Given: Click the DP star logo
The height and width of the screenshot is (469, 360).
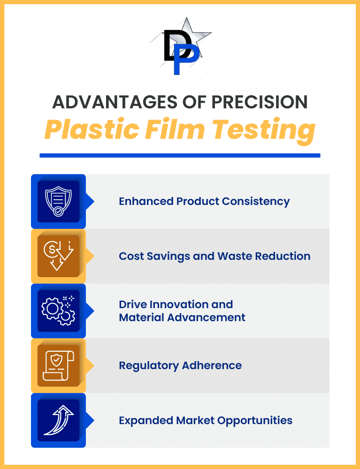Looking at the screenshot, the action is pyautogui.click(x=181, y=46).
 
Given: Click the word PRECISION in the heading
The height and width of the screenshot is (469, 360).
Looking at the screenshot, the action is pyautogui.click(x=260, y=102).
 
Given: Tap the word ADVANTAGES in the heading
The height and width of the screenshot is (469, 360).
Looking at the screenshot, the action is pyautogui.click(x=115, y=102).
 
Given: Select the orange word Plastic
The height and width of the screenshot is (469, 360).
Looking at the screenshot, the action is pyautogui.click(x=92, y=129).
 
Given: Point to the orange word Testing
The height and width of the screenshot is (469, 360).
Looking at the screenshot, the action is pyautogui.click(x=264, y=131).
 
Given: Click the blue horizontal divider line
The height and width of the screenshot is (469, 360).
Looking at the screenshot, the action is pyautogui.click(x=180, y=155).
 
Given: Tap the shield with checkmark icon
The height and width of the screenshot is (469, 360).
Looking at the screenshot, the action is pyautogui.click(x=58, y=201).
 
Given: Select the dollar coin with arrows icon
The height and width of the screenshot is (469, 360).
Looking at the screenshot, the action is pyautogui.click(x=58, y=256).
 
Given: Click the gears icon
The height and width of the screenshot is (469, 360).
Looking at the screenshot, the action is pyautogui.click(x=58, y=310).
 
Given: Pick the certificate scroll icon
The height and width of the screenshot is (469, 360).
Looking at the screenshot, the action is pyautogui.click(x=58, y=365).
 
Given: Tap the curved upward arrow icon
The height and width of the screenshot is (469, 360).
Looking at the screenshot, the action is pyautogui.click(x=58, y=420).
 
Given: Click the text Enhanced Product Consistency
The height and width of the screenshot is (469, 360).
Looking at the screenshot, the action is pyautogui.click(x=204, y=202).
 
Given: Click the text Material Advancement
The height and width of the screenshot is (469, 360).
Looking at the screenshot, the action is pyautogui.click(x=182, y=318).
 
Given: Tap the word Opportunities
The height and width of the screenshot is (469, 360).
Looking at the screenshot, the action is pyautogui.click(x=255, y=421).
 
